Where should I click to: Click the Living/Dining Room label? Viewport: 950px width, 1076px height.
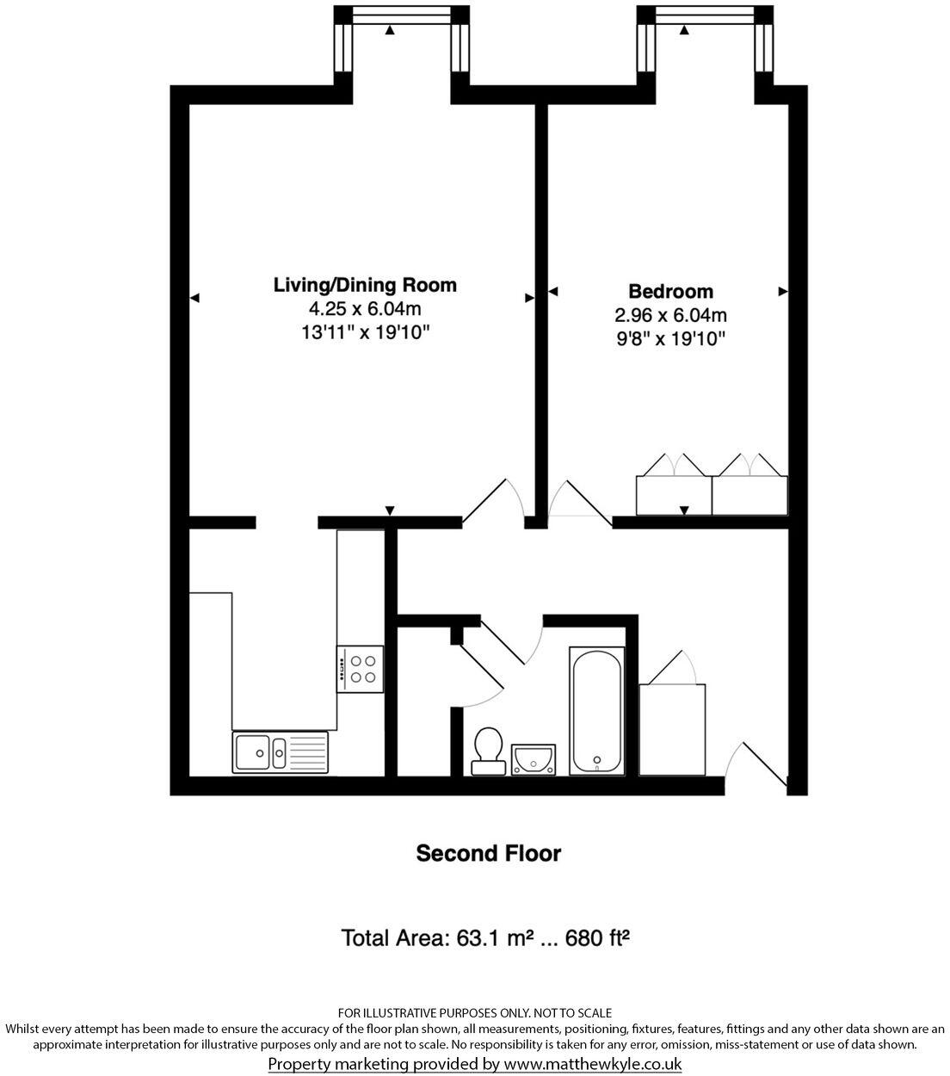[x=365, y=284]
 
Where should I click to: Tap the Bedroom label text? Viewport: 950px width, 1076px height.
[x=670, y=291]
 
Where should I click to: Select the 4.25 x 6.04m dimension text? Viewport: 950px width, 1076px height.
[x=365, y=308]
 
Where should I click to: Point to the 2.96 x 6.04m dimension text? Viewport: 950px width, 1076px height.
[x=670, y=315]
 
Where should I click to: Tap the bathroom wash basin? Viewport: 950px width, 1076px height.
[x=534, y=758]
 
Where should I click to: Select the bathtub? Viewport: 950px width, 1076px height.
[x=597, y=712]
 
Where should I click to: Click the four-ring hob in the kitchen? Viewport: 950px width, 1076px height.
[x=361, y=668]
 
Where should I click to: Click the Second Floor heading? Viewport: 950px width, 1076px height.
[x=488, y=853]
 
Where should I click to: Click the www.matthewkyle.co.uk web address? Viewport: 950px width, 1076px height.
[x=593, y=1064]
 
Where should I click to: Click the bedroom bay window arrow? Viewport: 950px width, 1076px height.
[x=684, y=30]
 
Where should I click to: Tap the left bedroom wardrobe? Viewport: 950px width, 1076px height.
[x=674, y=493]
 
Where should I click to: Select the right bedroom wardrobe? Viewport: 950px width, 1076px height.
[x=750, y=493]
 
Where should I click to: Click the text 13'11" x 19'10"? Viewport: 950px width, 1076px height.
[x=365, y=332]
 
